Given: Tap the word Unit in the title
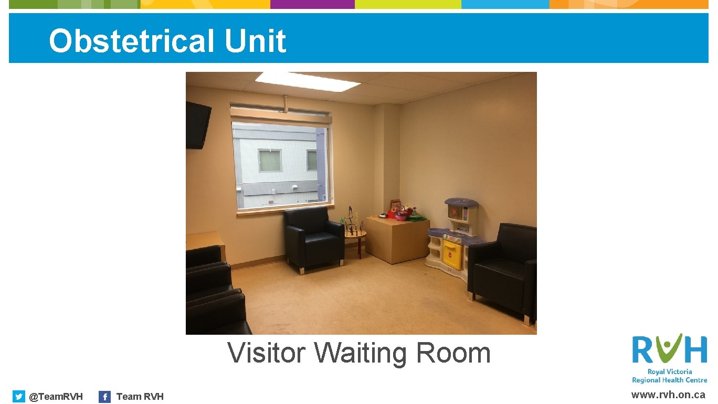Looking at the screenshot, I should pyautogui.click(x=256, y=41).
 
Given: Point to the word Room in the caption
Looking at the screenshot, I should pyautogui.click(x=453, y=353).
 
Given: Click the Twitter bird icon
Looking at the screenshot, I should pyautogui.click(x=18, y=397).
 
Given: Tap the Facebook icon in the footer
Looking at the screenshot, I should pyautogui.click(x=104, y=397).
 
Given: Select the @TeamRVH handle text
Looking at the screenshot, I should pyautogui.click(x=56, y=397).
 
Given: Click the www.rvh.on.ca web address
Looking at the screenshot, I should pyautogui.click(x=668, y=395).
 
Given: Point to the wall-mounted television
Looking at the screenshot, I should pyautogui.click(x=198, y=125).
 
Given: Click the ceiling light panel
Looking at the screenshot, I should pyautogui.click(x=308, y=81).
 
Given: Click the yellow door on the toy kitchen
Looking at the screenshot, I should pyautogui.click(x=452, y=254).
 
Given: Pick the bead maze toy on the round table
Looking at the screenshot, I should pyautogui.click(x=352, y=222).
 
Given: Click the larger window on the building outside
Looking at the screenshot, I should pyautogui.click(x=270, y=161).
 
